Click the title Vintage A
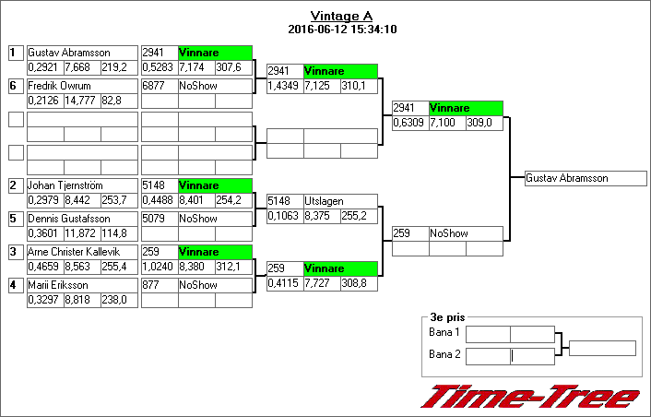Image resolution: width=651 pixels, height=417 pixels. [x=341, y=16]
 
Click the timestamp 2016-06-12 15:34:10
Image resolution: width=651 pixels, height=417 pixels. [x=341, y=30]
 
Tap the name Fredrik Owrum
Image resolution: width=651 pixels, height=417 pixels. [x=56, y=86]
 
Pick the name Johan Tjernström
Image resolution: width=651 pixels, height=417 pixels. [x=65, y=185]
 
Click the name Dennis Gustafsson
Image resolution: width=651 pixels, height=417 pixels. [x=68, y=219]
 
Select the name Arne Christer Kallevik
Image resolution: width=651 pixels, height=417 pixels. [x=76, y=252]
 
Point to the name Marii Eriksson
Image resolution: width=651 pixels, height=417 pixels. [x=58, y=285]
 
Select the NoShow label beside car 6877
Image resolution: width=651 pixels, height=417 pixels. [x=197, y=86]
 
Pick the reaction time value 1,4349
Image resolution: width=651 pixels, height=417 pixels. [x=283, y=86]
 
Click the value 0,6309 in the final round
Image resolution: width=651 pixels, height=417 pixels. [x=408, y=123]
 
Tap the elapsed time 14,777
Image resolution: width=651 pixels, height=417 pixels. [x=80, y=101]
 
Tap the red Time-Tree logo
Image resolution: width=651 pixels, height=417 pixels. [x=530, y=398]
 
